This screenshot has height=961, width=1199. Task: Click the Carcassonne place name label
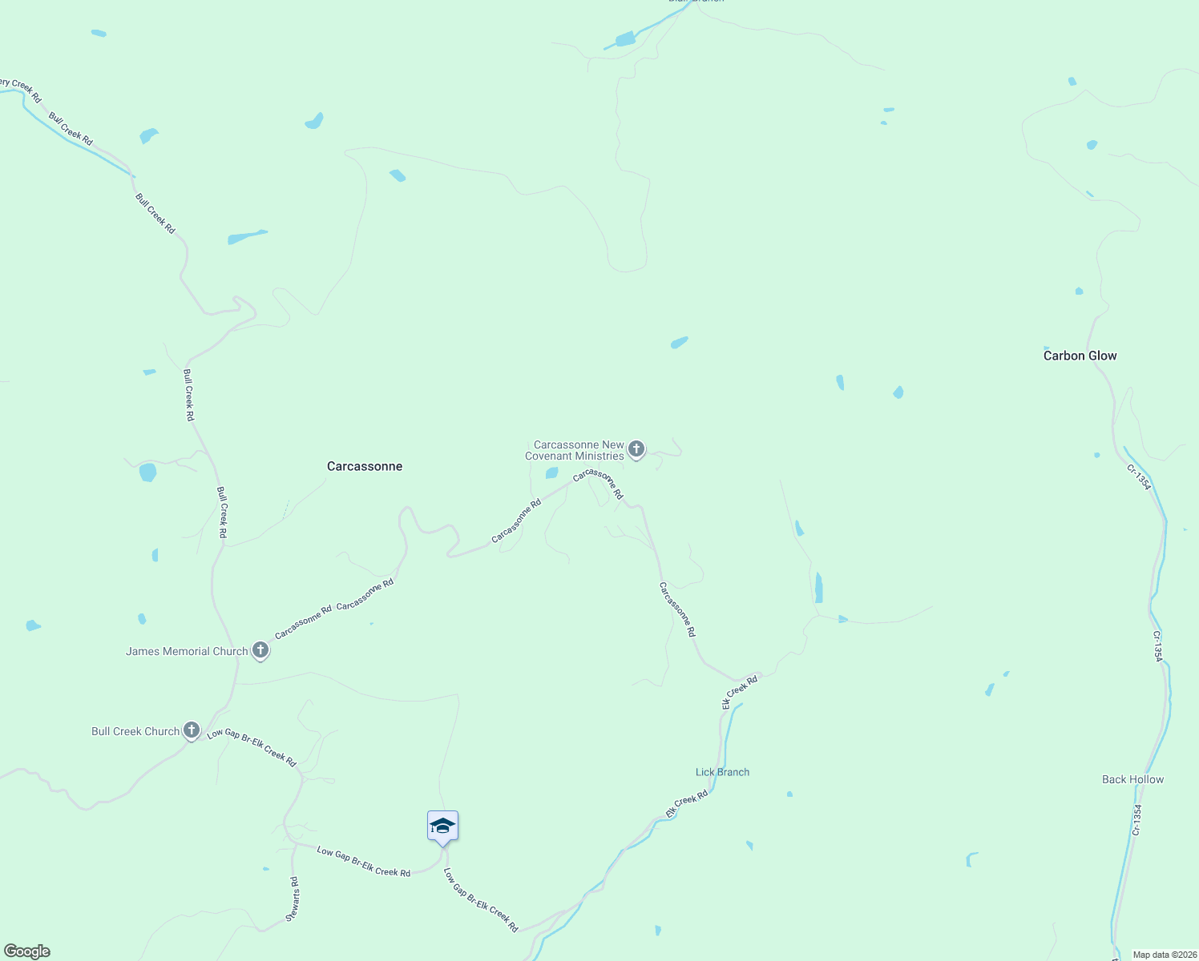365,466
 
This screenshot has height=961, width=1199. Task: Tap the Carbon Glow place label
1080,356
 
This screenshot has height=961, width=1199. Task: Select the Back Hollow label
1132,779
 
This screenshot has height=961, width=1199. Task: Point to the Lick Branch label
722,772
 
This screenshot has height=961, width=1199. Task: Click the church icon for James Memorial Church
260,650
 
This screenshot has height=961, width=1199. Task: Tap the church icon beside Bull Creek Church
191,730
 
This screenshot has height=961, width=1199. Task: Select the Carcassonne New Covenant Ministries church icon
636,449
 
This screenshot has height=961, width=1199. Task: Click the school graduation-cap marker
442,826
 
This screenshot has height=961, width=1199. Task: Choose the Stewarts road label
294,899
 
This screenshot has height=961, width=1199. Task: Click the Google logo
27,951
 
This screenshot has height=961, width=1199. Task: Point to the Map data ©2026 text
1164,955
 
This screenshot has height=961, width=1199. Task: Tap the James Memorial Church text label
187,651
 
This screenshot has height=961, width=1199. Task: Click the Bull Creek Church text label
135,731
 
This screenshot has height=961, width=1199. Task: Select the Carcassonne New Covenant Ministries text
575,450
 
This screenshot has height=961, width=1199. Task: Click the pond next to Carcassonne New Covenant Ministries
551,473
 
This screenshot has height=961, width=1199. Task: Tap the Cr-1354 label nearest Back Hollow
1136,819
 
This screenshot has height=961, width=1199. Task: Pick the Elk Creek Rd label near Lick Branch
687,804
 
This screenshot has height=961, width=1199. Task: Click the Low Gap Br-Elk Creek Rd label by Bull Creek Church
252,747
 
